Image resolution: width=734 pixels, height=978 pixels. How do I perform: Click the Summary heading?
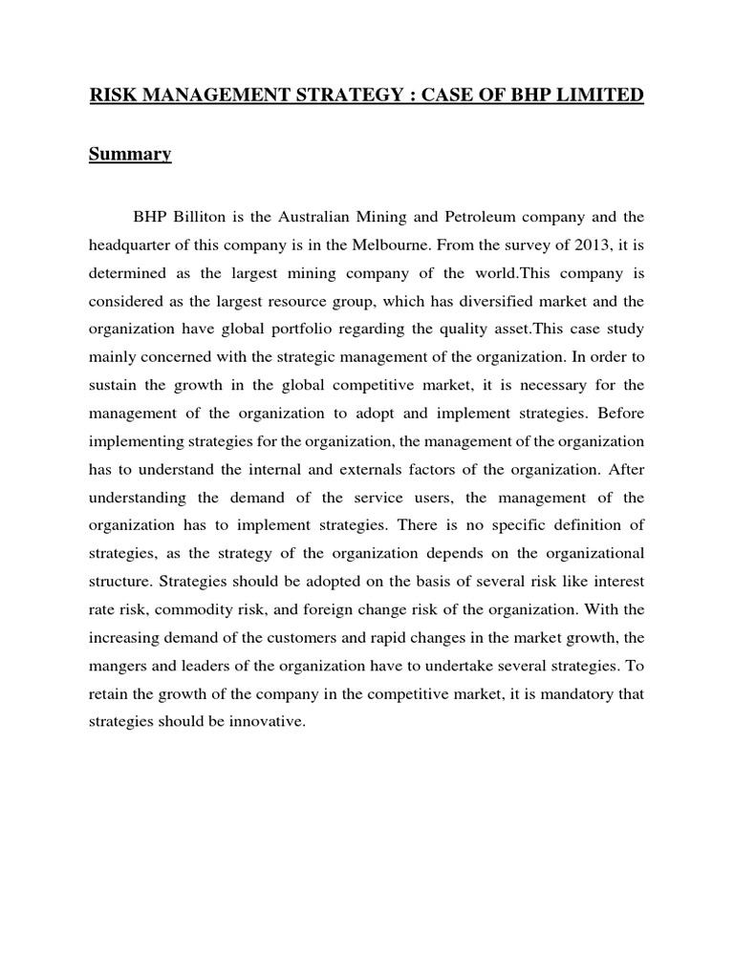(x=130, y=155)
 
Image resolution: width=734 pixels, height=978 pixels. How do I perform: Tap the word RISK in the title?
(x=114, y=96)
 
